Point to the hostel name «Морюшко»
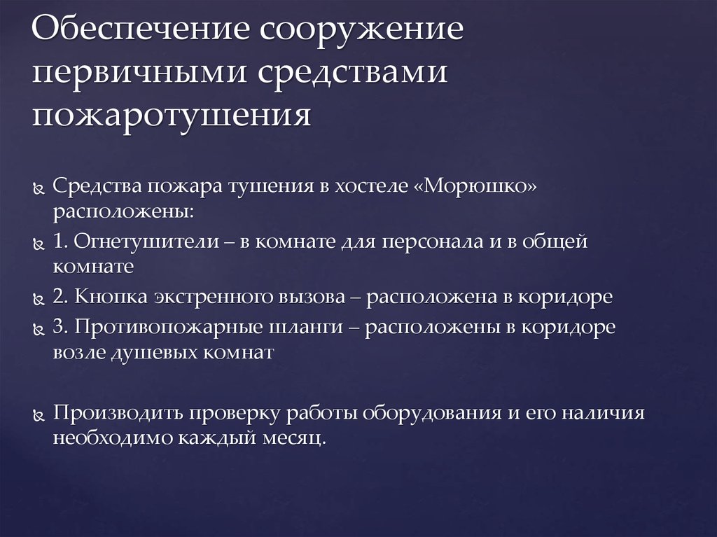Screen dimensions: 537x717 click(481, 187)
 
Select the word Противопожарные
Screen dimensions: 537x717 click(158, 327)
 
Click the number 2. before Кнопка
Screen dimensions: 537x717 click(60, 297)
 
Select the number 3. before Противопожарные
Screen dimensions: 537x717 click(60, 327)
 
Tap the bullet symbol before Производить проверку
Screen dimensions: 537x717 click(40, 414)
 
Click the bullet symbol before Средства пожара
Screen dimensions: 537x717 click(40, 189)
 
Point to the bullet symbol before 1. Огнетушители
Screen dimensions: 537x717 click(40, 244)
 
